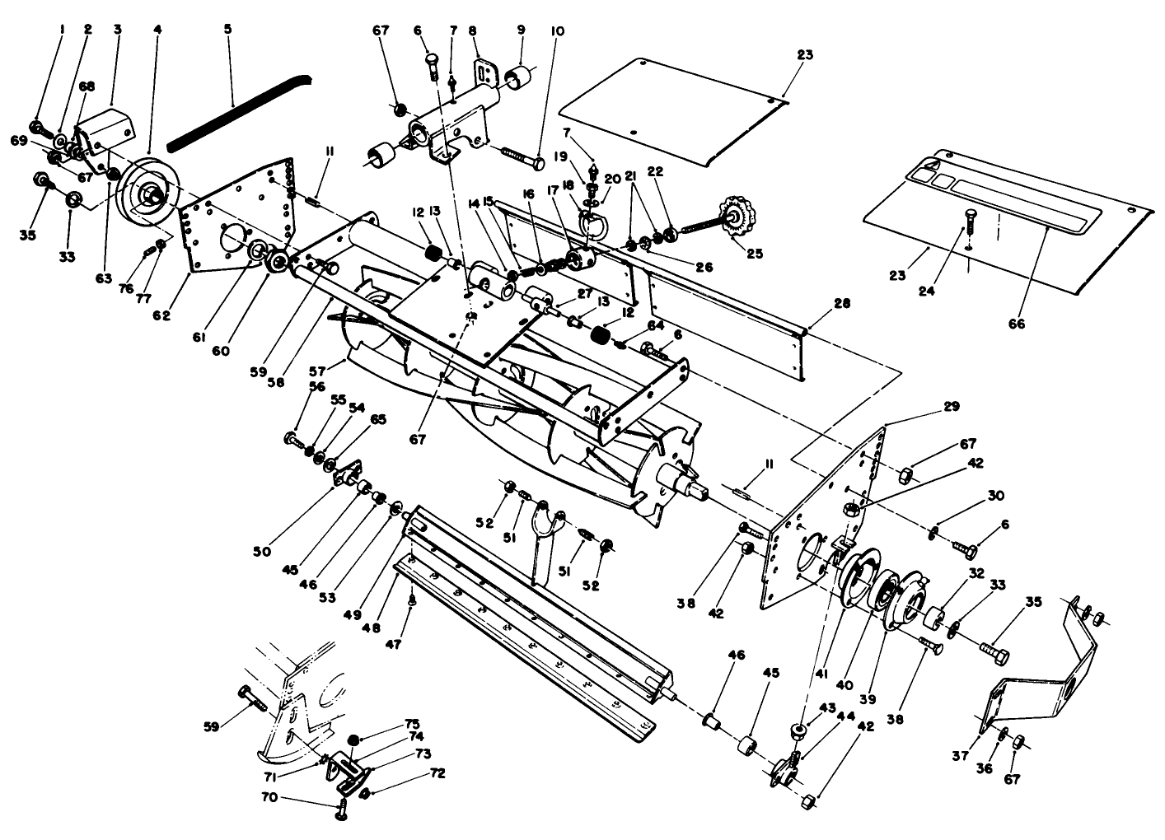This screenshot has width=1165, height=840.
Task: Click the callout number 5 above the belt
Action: point(227,28)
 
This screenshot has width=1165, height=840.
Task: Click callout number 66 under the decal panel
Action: point(1017,324)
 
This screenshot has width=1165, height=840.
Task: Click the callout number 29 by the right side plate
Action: point(951,407)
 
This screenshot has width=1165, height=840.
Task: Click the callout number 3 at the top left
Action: point(118,28)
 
